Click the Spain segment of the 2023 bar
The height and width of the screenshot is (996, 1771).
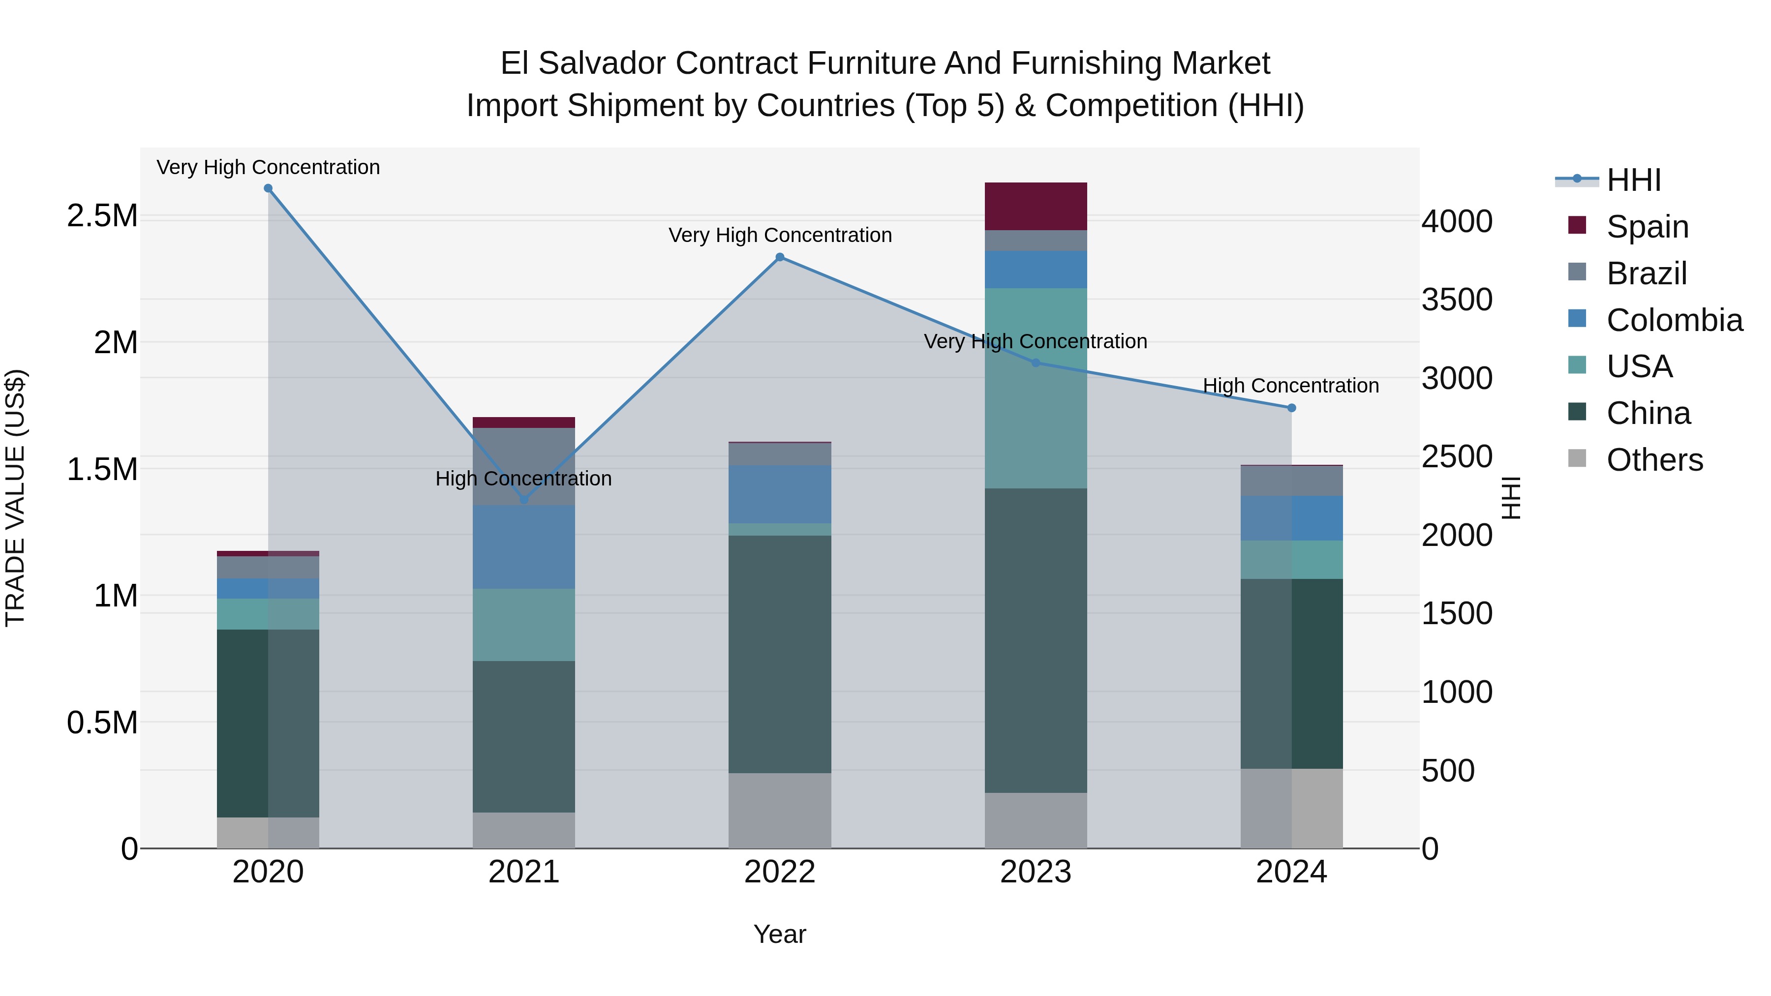(x=1036, y=206)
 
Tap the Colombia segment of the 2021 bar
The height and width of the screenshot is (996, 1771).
(x=524, y=546)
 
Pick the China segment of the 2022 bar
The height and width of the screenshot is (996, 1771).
(x=780, y=654)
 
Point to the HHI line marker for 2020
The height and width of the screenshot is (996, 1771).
(x=268, y=188)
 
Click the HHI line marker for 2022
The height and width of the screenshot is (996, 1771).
(x=780, y=257)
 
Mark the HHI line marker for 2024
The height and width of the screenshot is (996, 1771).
(x=1291, y=408)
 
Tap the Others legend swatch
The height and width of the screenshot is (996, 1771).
(x=1577, y=458)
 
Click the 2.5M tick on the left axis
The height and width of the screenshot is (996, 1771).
(x=102, y=216)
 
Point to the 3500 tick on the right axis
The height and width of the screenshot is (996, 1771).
(x=1457, y=300)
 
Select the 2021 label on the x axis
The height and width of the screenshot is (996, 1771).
(x=524, y=872)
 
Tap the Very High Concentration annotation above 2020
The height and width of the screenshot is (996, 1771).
(x=268, y=167)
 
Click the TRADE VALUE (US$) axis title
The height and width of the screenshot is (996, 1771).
(x=15, y=498)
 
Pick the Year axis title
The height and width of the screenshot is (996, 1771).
(x=780, y=934)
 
